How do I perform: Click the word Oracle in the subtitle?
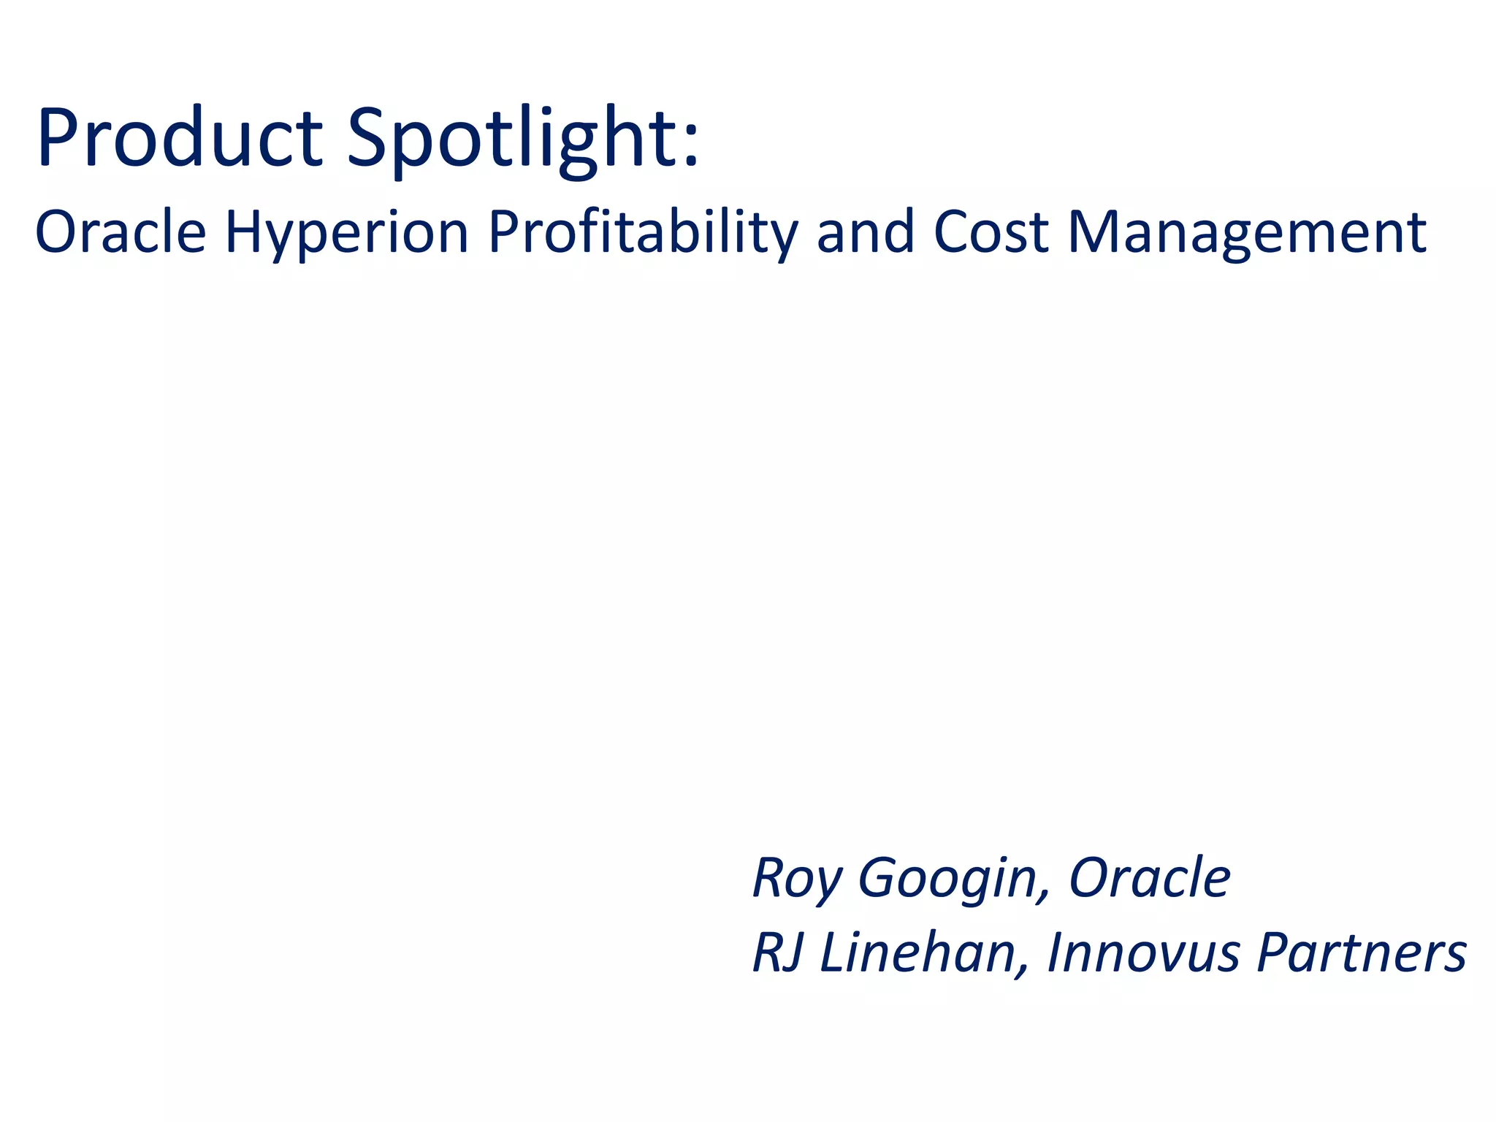121,232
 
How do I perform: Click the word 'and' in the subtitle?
865,232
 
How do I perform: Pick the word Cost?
991,232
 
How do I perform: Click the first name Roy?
796,879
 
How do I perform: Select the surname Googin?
946,879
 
